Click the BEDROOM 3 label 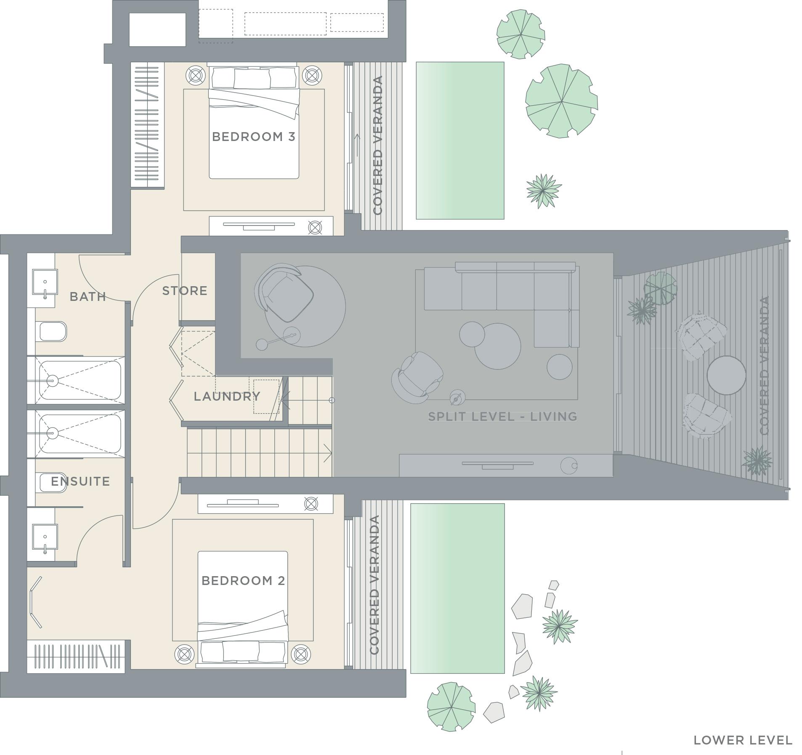pyautogui.click(x=253, y=137)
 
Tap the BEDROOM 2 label pyautogui.click(x=243, y=581)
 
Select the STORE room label pyautogui.click(x=185, y=291)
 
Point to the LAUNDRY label pyautogui.click(x=227, y=396)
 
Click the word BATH pyautogui.click(x=88, y=297)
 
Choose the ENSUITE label pyautogui.click(x=80, y=481)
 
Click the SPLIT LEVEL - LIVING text pyautogui.click(x=502, y=416)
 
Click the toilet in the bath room pyautogui.click(x=53, y=332)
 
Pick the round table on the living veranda pyautogui.click(x=726, y=375)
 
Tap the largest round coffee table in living pyautogui.click(x=498, y=346)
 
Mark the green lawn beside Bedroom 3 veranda pyautogui.click(x=460, y=141)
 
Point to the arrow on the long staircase pyautogui.click(x=328, y=453)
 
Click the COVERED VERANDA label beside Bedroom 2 pyautogui.click(x=374, y=585)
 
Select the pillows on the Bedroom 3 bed pyautogui.click(x=253, y=78)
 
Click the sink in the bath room pyautogui.click(x=45, y=282)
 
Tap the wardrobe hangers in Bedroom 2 pyautogui.click(x=76, y=657)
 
